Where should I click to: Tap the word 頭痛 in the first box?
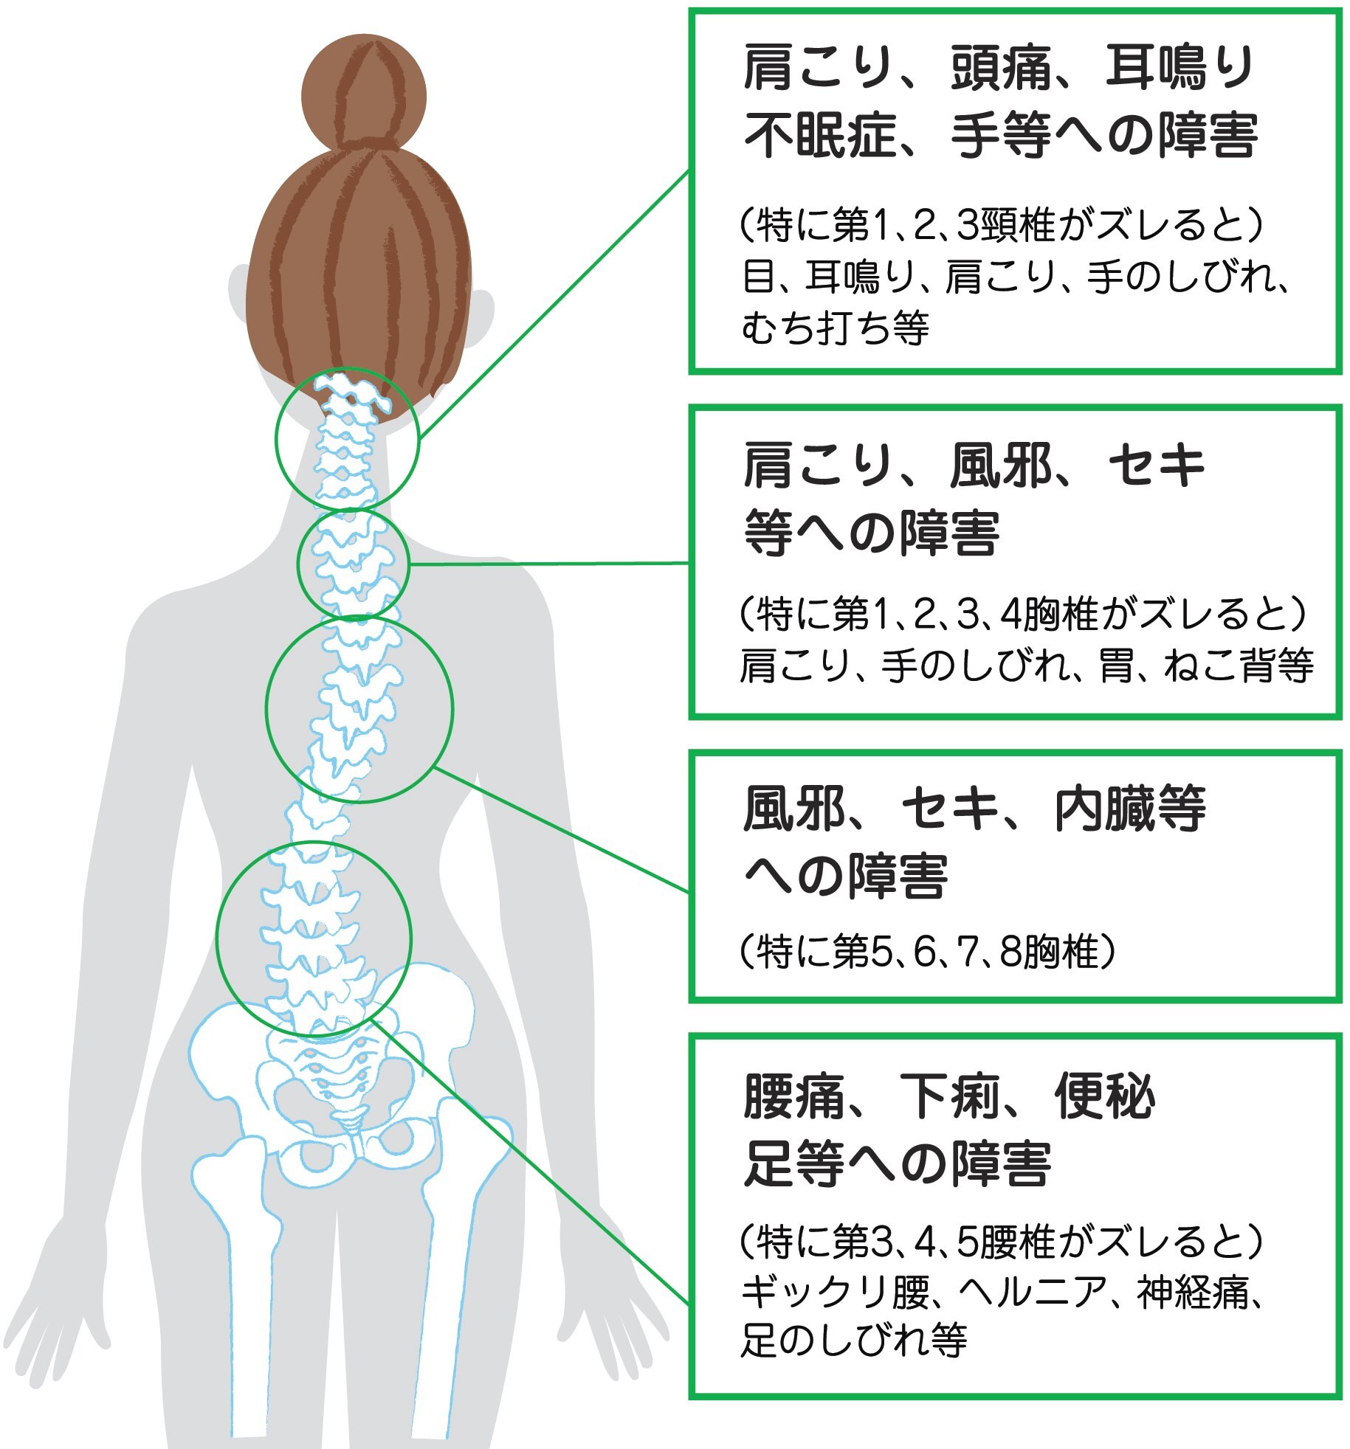point(1000,67)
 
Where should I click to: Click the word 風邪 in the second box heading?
point(1000,466)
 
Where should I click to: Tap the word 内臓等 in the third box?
point(1129,809)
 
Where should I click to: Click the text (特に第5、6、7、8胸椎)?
point(927,952)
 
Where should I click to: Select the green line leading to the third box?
point(562,830)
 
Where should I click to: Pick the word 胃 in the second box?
point(1115,664)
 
